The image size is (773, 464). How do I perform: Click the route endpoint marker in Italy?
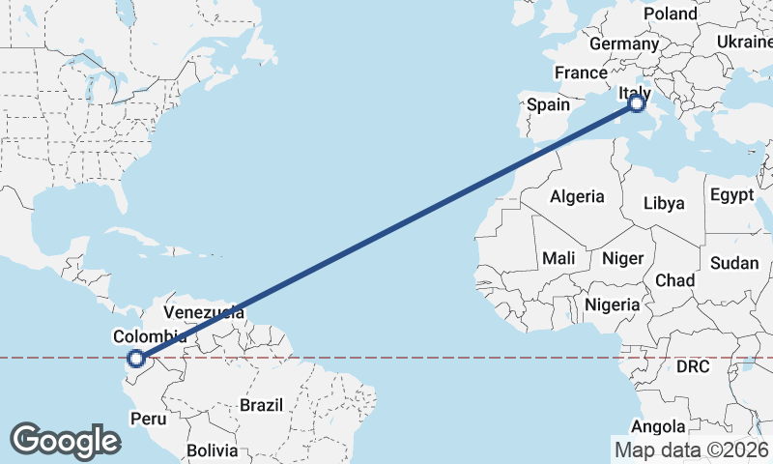(637, 103)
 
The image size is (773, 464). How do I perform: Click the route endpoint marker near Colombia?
(136, 359)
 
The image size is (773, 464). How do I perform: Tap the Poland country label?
(670, 14)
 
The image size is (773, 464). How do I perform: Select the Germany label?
(623, 44)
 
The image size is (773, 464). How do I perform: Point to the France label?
(581, 72)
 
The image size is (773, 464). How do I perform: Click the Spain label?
(548, 104)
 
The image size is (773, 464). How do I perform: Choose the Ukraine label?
(743, 42)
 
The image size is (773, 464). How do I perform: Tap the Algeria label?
(577, 196)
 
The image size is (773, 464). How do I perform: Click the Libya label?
(664, 203)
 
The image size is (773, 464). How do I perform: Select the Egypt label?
(731, 194)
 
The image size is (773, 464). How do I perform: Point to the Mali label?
(559, 258)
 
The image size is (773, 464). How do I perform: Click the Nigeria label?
(613, 304)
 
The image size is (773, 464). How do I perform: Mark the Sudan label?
(733, 263)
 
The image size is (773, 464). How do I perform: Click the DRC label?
(692, 367)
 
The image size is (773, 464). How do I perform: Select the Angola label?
(658, 426)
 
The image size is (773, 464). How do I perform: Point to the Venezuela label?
(203, 312)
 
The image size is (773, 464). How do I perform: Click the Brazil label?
(261, 404)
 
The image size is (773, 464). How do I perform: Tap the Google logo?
(65, 441)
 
